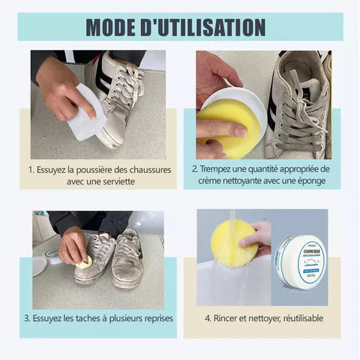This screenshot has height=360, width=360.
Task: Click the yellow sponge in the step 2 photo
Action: [229, 125]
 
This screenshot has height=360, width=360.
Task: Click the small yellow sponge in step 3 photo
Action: [85, 262]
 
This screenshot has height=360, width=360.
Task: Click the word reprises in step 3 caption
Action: [154, 319]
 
